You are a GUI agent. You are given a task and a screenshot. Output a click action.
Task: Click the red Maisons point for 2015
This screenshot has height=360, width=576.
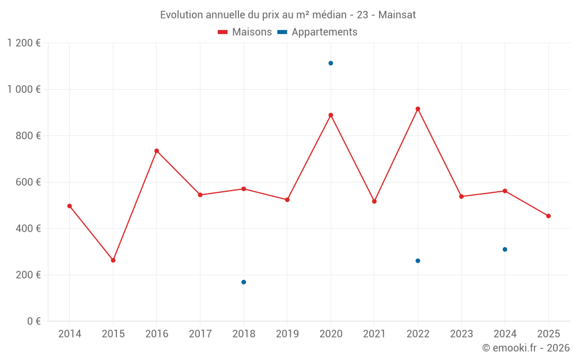coord(113,260)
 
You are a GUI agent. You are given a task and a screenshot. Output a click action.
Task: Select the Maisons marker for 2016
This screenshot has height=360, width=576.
coord(157,151)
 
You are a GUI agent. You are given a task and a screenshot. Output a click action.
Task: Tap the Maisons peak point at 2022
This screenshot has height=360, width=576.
coord(418,109)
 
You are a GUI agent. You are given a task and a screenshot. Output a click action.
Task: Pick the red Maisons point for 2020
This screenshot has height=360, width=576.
coord(331,115)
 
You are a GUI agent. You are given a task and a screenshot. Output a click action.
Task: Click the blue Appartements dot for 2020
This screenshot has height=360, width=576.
coord(331,63)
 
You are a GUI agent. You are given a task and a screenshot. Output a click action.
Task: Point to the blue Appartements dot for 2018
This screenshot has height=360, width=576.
coord(244,282)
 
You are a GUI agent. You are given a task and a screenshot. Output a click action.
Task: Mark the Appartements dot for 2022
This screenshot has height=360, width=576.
coord(418,261)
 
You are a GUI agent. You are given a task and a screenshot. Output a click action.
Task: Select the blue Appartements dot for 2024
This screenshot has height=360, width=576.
coord(505,249)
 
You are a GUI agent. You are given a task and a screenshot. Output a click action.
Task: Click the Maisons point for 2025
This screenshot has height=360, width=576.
coord(548,216)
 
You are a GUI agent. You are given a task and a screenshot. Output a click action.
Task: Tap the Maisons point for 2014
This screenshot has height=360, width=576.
coord(70,206)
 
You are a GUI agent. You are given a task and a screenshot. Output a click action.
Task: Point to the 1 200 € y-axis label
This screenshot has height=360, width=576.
coord(24,43)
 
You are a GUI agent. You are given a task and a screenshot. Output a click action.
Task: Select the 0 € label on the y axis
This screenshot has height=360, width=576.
coord(33,321)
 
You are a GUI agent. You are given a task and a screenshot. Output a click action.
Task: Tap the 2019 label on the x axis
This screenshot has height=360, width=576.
coord(287,334)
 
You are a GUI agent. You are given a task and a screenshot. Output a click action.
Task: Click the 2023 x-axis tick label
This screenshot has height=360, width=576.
coord(461,334)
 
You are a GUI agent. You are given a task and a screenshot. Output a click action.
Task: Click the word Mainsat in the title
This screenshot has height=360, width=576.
coord(397,15)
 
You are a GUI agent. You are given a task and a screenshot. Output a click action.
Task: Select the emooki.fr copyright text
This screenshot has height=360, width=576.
coord(525,348)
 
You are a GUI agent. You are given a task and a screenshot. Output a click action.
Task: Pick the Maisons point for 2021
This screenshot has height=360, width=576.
coord(374,202)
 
